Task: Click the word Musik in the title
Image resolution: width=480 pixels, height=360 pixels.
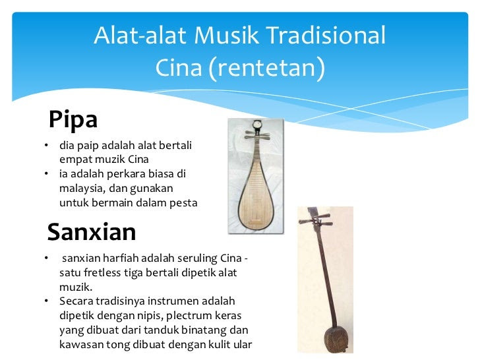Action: [x=227, y=35]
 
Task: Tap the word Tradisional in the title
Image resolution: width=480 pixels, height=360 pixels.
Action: [x=326, y=35]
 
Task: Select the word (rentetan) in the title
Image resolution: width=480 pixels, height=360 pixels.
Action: [x=266, y=68]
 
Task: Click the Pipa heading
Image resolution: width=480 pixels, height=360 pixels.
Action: [x=73, y=120]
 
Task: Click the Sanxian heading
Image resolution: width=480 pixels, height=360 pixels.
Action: [x=92, y=232]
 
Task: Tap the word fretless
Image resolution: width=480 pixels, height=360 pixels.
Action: [x=102, y=272]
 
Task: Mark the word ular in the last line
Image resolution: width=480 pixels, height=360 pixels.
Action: [x=243, y=344]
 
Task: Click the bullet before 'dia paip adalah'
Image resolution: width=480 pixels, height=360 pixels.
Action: [x=46, y=145]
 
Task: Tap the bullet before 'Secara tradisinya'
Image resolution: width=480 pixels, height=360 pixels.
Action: [x=46, y=301]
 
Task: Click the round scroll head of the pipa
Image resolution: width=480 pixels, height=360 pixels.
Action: [x=257, y=125]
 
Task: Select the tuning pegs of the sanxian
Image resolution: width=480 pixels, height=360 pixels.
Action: [x=316, y=220]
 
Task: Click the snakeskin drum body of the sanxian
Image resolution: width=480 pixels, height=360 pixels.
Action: [x=336, y=339]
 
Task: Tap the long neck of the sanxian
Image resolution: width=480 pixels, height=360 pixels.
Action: [x=326, y=276]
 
